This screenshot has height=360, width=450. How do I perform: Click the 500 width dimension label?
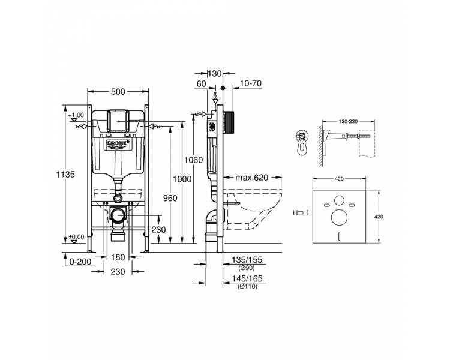[x=118, y=92]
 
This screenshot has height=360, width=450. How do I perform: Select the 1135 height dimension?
[x=65, y=174]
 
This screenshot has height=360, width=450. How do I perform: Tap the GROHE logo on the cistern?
[x=118, y=143]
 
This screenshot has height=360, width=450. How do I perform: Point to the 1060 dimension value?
[x=193, y=160]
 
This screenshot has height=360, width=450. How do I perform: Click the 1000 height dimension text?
[x=182, y=179]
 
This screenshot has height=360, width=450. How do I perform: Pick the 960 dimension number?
[x=170, y=198]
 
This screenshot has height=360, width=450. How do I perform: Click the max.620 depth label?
[x=251, y=178]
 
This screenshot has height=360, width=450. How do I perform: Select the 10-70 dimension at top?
[x=251, y=83]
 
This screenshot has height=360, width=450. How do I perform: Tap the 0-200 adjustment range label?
[x=80, y=262]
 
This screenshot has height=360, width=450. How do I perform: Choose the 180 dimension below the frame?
[x=118, y=257]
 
